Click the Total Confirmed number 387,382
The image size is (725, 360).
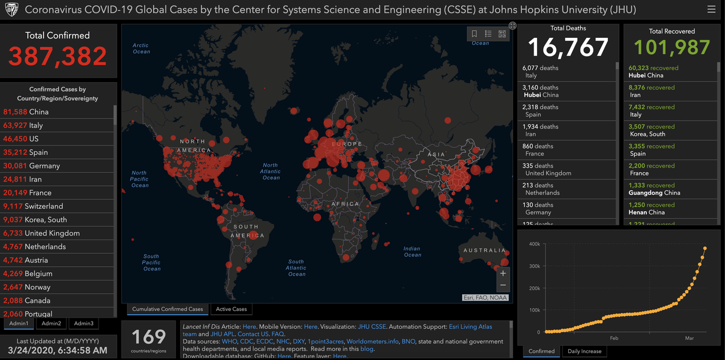[x=57, y=56]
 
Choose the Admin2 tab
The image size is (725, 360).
[x=51, y=323]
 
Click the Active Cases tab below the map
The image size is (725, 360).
[x=231, y=309]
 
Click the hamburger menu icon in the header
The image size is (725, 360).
[x=711, y=10]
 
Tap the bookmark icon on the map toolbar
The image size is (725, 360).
[x=475, y=34]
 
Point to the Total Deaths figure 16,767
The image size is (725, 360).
[x=568, y=48]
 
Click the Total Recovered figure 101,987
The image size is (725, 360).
[x=672, y=48]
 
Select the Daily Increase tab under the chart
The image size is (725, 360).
[x=584, y=351]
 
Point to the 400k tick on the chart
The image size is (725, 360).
[x=534, y=244]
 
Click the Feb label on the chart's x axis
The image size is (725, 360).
[x=614, y=338]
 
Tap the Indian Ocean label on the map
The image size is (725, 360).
[x=412, y=252]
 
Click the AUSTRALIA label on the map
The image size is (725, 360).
[x=484, y=250]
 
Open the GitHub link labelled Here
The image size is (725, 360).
[x=284, y=356]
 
